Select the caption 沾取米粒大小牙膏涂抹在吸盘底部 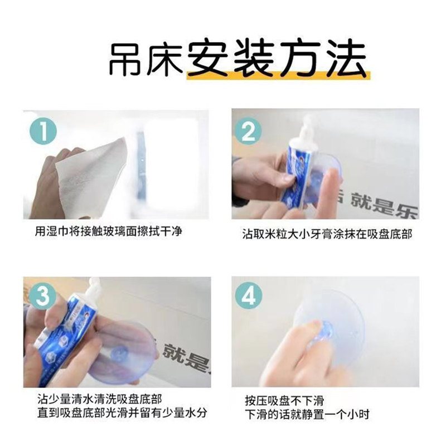pos(327,235)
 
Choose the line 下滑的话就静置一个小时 pos(307,415)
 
